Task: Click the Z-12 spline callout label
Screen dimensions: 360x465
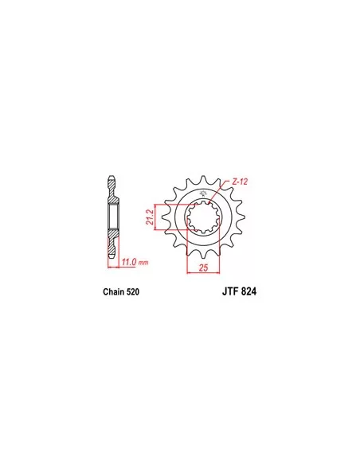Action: (240, 182)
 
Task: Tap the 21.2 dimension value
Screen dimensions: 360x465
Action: (150, 217)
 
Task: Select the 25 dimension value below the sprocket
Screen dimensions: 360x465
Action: (203, 268)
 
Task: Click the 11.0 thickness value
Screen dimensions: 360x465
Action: (129, 262)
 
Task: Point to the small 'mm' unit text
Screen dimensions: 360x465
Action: (143, 263)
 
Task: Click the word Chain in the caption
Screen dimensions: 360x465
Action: (114, 291)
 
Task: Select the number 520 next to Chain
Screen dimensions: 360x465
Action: (132, 291)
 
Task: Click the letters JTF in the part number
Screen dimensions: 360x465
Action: (231, 291)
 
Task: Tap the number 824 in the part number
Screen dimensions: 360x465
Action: (249, 291)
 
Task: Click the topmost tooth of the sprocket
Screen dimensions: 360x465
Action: (203, 179)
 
